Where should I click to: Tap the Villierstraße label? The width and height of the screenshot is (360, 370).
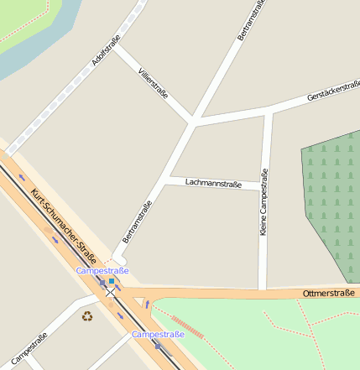pyautogui.click(x=153, y=83)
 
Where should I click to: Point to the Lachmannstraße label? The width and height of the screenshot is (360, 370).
pyautogui.click(x=213, y=182)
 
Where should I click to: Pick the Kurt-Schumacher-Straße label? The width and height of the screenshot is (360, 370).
pyautogui.click(x=64, y=226)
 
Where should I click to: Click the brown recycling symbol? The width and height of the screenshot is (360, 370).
pyautogui.click(x=87, y=315)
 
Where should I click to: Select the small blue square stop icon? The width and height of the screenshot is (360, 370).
pyautogui.click(x=111, y=281)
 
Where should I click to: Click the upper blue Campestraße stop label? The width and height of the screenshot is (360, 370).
pyautogui.click(x=102, y=271)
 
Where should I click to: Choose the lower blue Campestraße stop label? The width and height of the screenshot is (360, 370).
pyautogui.click(x=158, y=335)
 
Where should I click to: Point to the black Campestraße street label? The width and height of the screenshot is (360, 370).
pyautogui.click(x=29, y=348)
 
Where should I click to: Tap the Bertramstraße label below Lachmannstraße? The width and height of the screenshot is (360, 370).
pyautogui.click(x=138, y=222)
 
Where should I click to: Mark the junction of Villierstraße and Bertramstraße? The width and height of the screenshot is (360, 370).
pyautogui.click(x=193, y=122)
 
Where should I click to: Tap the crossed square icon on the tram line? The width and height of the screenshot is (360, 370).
pyautogui.click(x=111, y=293)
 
